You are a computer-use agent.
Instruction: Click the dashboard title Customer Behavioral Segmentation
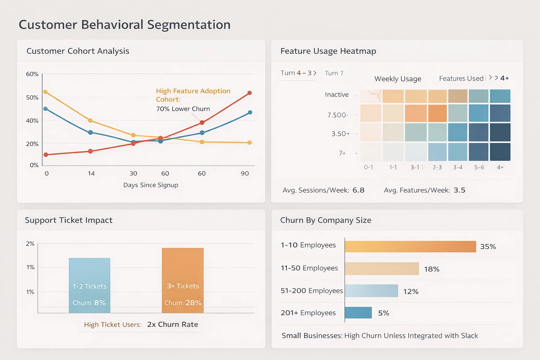pos(124,25)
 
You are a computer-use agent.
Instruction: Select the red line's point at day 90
pos(250,93)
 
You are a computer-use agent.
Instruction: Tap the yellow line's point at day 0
pos(45,92)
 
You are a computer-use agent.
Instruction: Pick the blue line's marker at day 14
pos(90,133)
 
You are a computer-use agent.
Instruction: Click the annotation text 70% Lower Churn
pos(183,109)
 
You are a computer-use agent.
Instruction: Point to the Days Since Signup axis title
pos(150,185)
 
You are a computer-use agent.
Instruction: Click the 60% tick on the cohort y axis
pos(32,74)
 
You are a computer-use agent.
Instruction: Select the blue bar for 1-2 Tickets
pos(89,285)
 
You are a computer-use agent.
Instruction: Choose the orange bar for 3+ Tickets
pos(182,280)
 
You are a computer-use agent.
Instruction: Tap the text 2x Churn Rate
pos(173,324)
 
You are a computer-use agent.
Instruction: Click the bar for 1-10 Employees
pos(410,246)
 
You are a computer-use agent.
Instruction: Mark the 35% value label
pos(488,247)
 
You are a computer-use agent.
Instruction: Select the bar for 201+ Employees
pos(358,313)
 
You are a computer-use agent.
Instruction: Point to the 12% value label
pos(411,291)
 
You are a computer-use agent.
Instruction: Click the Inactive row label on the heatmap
pos(336,95)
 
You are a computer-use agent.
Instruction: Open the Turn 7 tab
pos(334,73)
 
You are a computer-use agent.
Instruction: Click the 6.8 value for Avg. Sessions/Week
pos(358,190)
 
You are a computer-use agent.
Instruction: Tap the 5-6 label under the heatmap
pos(479,167)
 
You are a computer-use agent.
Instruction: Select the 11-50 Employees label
pos(309,268)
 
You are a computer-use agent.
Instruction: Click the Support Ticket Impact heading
pos(69,220)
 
